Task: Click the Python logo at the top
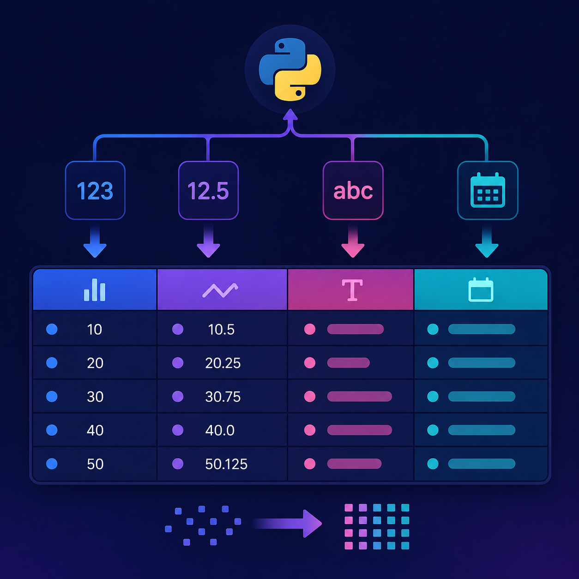pyautogui.click(x=290, y=69)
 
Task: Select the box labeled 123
pyautogui.click(x=95, y=191)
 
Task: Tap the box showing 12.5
pyautogui.click(x=208, y=191)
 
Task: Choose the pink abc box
pyautogui.click(x=353, y=191)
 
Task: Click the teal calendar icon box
pyautogui.click(x=488, y=191)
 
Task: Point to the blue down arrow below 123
pyautogui.click(x=95, y=241)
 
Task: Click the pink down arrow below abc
pyautogui.click(x=353, y=241)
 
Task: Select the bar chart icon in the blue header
pyautogui.click(x=95, y=289)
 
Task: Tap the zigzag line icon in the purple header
pyautogui.click(x=220, y=290)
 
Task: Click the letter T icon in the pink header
pyautogui.click(x=352, y=290)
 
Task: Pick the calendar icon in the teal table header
pyautogui.click(x=481, y=289)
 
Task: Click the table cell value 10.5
pyautogui.click(x=221, y=330)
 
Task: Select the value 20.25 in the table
pyautogui.click(x=223, y=363)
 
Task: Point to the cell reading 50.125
pyautogui.click(x=226, y=464)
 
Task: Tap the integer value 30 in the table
pyautogui.click(x=95, y=397)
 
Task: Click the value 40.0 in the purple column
pyautogui.click(x=220, y=431)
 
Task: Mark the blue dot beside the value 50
pyautogui.click(x=52, y=464)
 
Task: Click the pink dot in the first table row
pyautogui.click(x=310, y=329)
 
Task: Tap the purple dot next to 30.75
pyautogui.click(x=178, y=396)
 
